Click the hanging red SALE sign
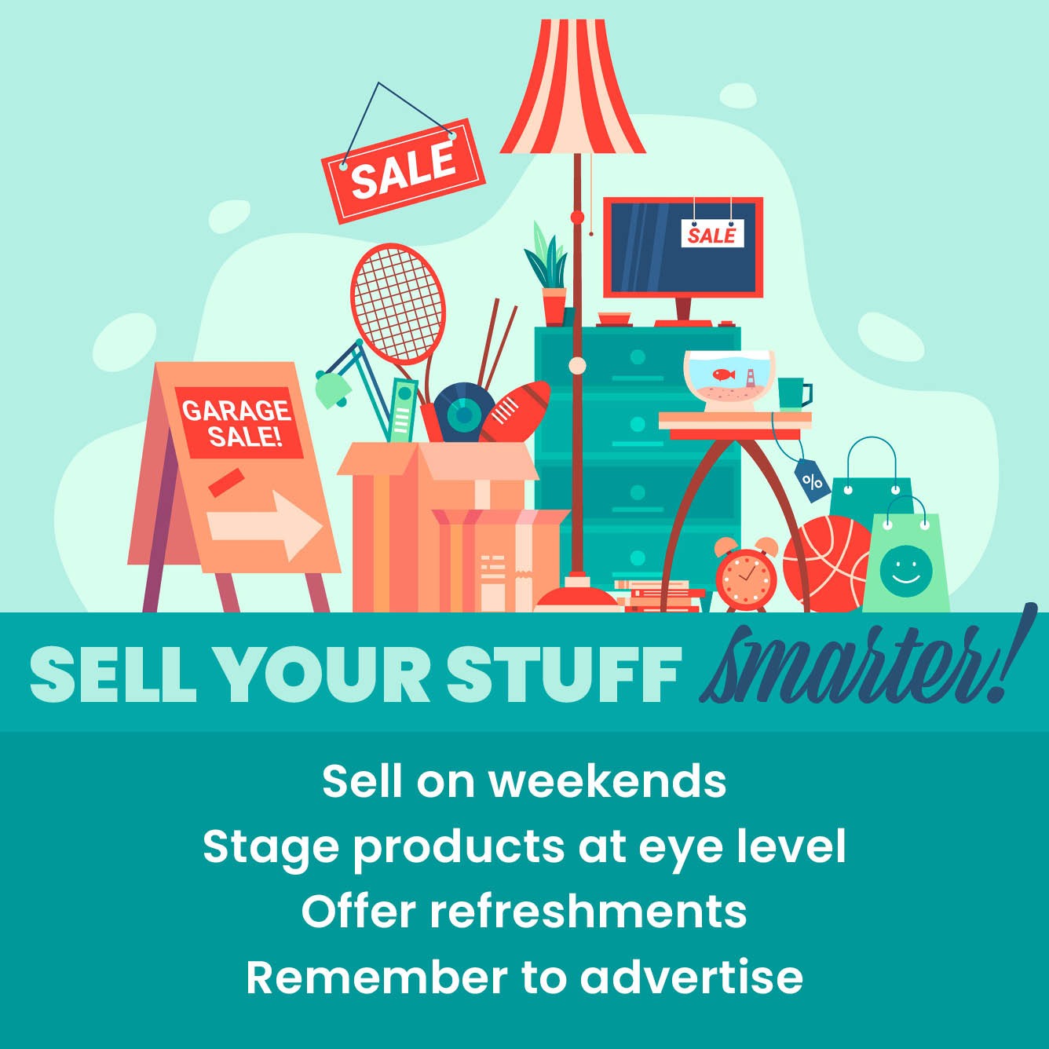(x=404, y=171)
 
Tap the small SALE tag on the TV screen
(x=712, y=233)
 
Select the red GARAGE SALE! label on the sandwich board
(x=238, y=422)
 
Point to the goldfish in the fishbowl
(x=725, y=374)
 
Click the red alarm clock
(x=745, y=574)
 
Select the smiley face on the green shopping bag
(x=906, y=571)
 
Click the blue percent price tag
(x=813, y=481)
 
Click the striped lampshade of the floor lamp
(x=572, y=86)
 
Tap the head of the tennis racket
(x=398, y=304)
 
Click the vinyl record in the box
(x=462, y=413)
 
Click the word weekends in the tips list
(x=608, y=782)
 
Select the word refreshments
(x=588, y=912)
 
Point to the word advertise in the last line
(x=691, y=978)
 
